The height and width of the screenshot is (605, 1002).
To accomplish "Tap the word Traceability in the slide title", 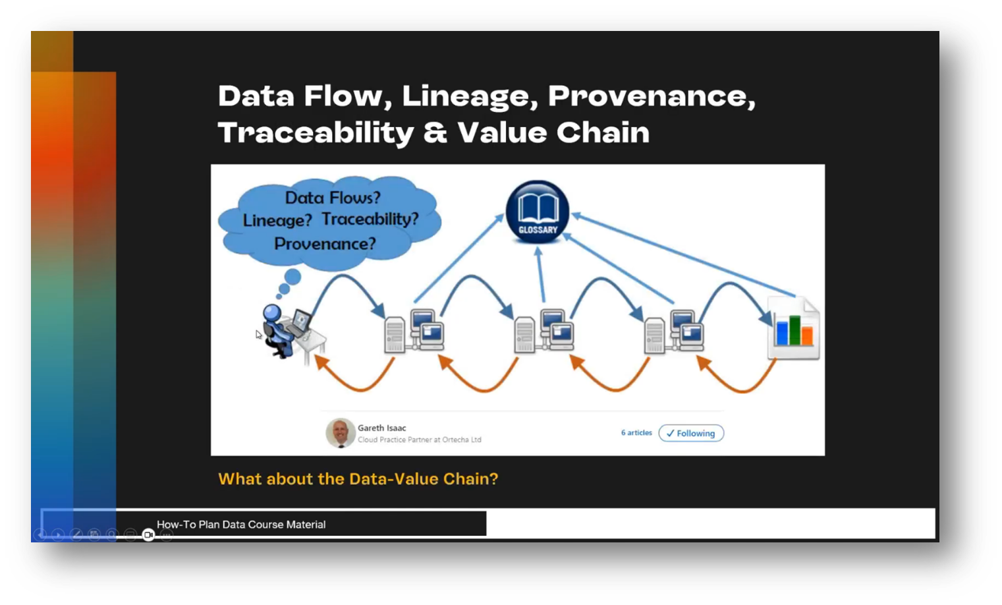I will [x=316, y=132].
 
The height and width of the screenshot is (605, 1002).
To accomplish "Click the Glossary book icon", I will [x=538, y=212].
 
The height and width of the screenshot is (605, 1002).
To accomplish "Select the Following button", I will [x=690, y=433].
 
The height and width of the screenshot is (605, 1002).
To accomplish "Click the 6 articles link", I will [x=636, y=433].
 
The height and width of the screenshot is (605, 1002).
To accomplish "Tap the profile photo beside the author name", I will [x=340, y=433].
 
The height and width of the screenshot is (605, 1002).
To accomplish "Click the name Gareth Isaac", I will [x=381, y=428].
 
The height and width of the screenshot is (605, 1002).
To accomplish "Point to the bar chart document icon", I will [x=794, y=330].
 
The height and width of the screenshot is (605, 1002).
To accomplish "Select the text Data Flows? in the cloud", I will [x=332, y=198].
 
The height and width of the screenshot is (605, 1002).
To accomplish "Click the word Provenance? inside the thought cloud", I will [x=325, y=244].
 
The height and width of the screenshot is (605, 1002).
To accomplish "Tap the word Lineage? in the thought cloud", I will [x=277, y=220].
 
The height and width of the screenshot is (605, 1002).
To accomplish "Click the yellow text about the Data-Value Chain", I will [x=358, y=479].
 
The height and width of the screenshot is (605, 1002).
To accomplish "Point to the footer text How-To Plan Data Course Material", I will [x=241, y=525].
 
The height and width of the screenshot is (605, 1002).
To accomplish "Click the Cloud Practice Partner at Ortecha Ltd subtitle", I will [x=419, y=440].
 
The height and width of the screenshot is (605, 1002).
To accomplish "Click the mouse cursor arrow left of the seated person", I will [x=258, y=334].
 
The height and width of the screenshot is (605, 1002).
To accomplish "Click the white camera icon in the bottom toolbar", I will [x=148, y=534].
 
